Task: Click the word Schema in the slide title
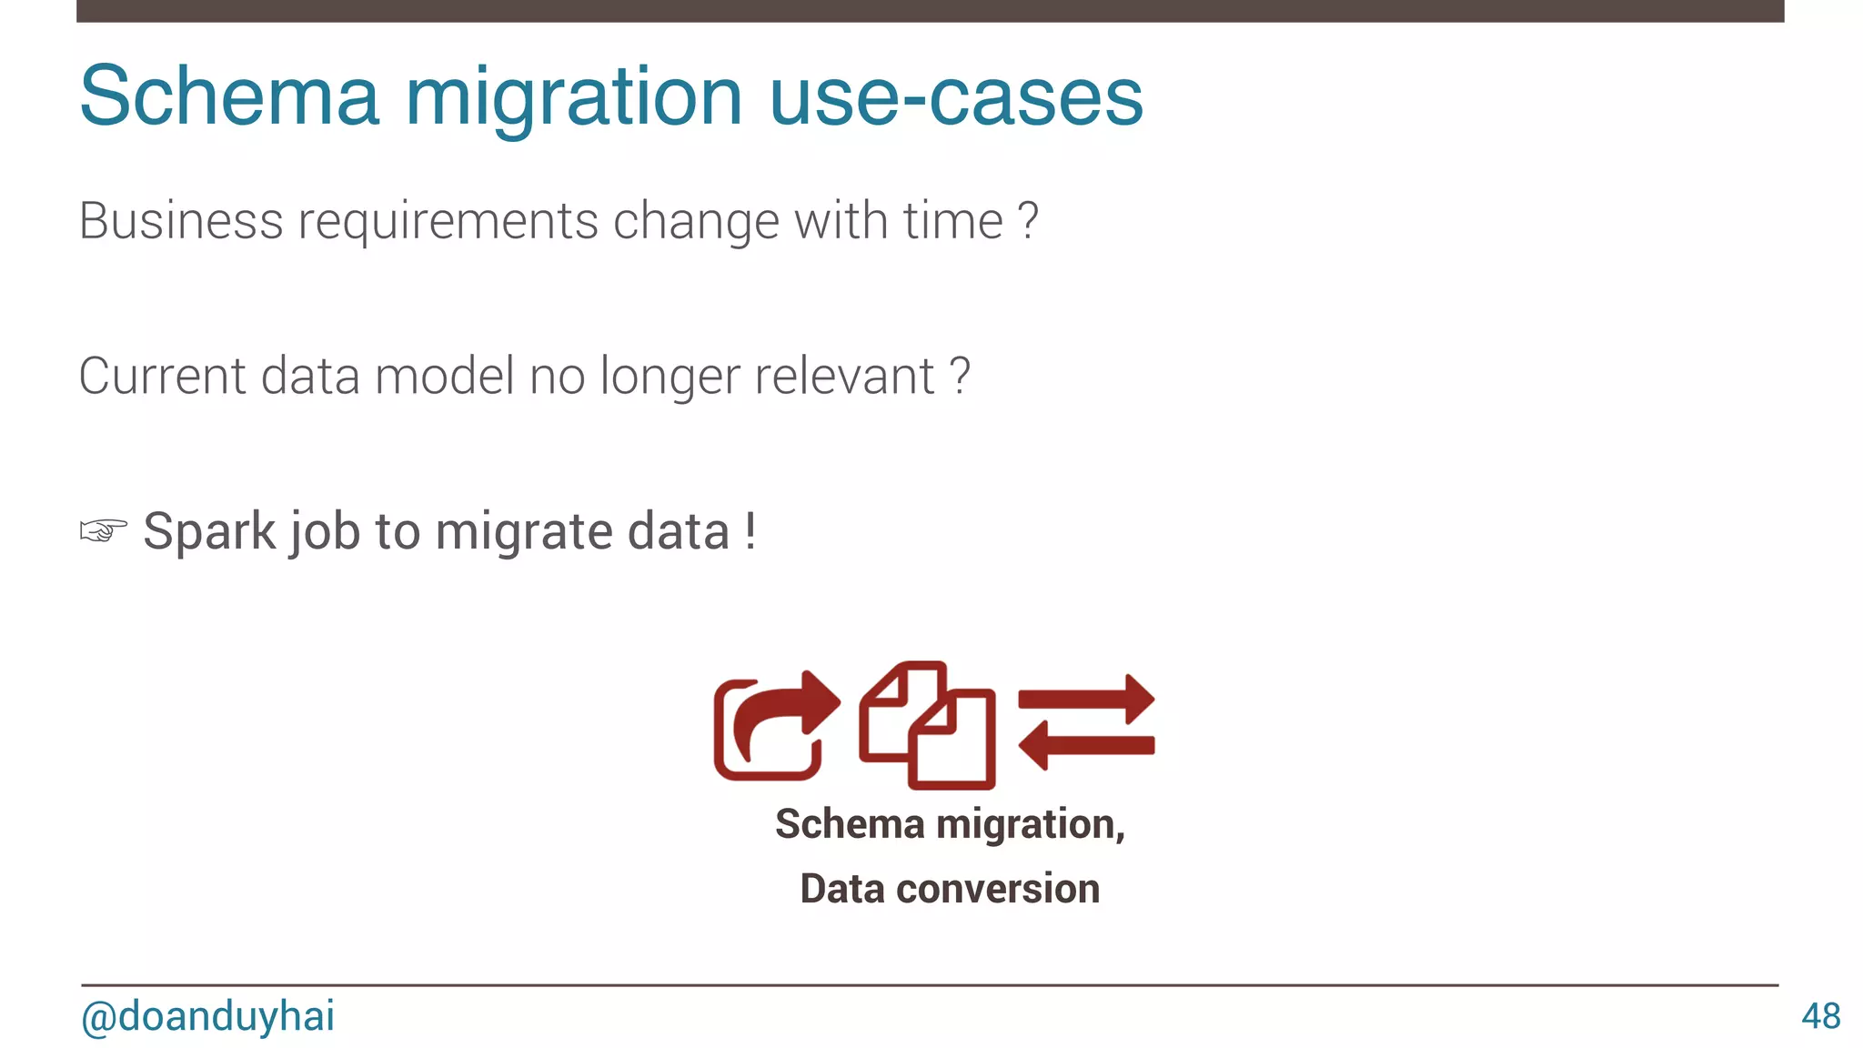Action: (x=229, y=96)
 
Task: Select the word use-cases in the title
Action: (x=956, y=96)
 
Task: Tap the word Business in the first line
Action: (x=181, y=221)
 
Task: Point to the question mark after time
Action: (x=1027, y=221)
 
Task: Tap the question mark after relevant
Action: (x=960, y=376)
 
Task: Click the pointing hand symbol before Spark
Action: (x=103, y=530)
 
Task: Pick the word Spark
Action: (x=209, y=530)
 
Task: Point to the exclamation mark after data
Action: (x=750, y=530)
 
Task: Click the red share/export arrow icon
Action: (x=775, y=726)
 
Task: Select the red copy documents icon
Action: (x=928, y=726)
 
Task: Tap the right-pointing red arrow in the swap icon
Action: (x=1087, y=700)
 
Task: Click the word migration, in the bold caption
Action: (x=1031, y=824)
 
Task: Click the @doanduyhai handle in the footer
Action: (x=207, y=1016)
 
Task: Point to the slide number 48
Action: (x=1820, y=1016)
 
